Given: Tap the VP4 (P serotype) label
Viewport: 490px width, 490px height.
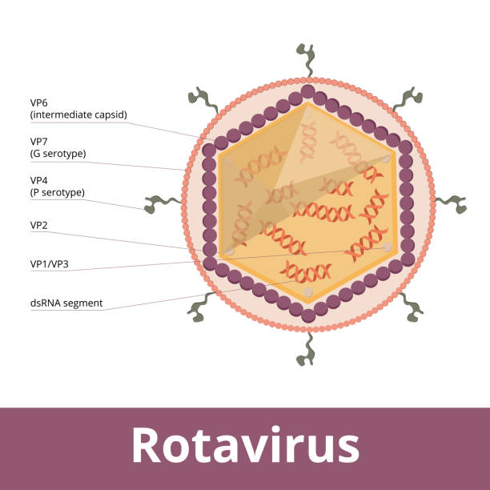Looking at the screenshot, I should [x=57, y=186].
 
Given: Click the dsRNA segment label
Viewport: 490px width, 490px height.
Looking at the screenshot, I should [x=66, y=303].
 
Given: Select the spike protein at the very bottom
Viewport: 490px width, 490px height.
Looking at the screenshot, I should [x=306, y=351].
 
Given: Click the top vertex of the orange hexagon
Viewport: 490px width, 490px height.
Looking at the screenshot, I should [x=307, y=102].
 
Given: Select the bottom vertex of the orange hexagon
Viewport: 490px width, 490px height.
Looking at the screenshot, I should [x=307, y=303].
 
